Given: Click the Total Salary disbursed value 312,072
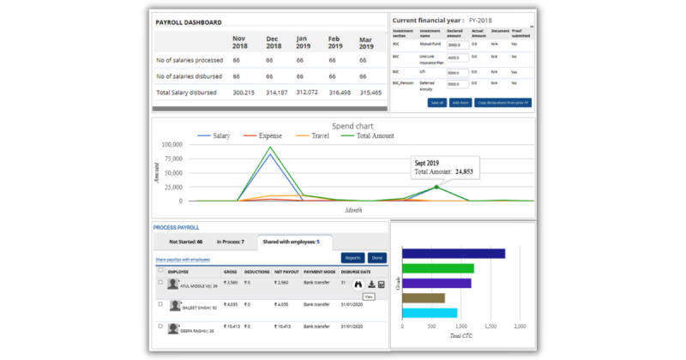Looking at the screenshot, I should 306,92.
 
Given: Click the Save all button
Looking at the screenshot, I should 436,102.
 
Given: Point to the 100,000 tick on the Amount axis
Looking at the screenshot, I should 171,145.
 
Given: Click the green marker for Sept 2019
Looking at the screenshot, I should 436,186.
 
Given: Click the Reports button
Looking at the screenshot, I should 352,257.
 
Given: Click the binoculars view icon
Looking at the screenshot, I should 358,285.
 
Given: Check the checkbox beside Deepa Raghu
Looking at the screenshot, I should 160,327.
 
